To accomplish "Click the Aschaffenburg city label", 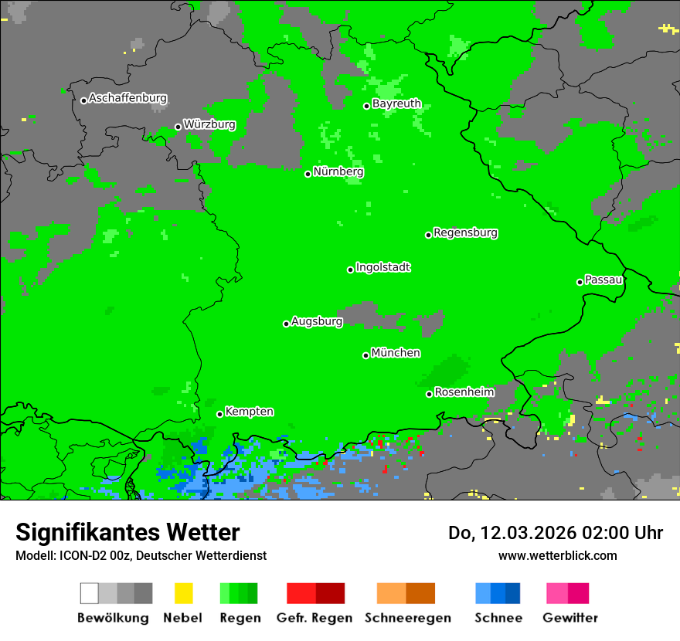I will (x=127, y=99).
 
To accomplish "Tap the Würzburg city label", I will (x=209, y=124).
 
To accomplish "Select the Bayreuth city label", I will (x=396, y=103).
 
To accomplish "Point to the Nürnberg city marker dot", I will (x=308, y=174).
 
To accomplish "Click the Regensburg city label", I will (x=465, y=232).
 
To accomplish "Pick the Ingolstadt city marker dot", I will (x=350, y=270).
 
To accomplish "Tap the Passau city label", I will (x=603, y=280).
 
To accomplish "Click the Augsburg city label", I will (x=317, y=321).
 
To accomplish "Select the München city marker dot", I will (x=365, y=355).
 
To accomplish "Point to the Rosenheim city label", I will (x=464, y=392).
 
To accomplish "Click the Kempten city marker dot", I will (x=219, y=414).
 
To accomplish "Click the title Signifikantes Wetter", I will (x=127, y=533).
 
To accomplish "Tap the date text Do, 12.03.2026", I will (x=511, y=533).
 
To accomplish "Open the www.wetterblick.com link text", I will (x=557, y=555).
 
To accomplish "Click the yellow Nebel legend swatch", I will (x=183, y=593).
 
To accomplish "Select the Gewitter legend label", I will (x=569, y=618).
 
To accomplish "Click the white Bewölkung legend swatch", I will (x=90, y=593).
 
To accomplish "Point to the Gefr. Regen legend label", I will (x=314, y=618).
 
